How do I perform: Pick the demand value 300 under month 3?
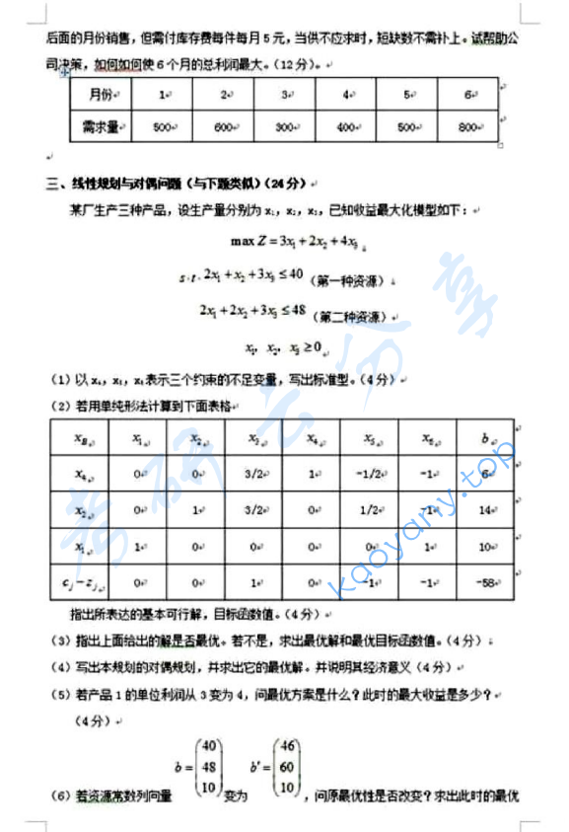[285, 127]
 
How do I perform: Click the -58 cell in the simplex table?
[485, 582]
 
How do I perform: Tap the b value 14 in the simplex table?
[485, 510]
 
